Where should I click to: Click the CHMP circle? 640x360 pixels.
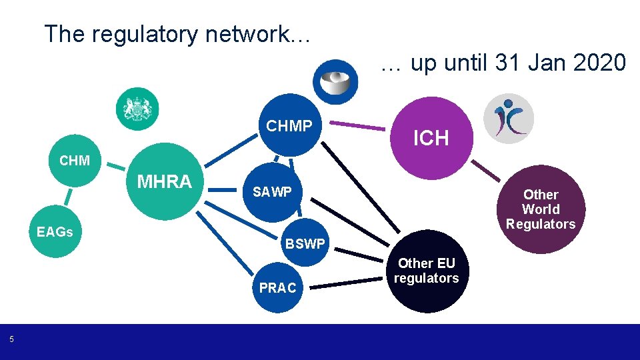click(x=289, y=125)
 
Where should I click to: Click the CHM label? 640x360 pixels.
click(x=74, y=161)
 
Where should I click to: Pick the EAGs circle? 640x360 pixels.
click(x=54, y=232)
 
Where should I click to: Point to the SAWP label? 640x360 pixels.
click(x=271, y=192)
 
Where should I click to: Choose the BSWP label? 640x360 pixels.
click(x=305, y=244)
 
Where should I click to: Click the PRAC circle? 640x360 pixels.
click(x=277, y=287)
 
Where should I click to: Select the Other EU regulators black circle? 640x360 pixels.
click(x=426, y=273)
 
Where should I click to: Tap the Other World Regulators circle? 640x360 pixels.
click(x=540, y=209)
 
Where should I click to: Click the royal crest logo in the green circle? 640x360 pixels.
click(x=137, y=109)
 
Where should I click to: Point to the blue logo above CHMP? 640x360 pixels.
click(x=335, y=81)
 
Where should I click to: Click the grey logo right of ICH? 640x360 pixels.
click(x=508, y=119)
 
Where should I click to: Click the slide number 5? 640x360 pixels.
click(x=11, y=340)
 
